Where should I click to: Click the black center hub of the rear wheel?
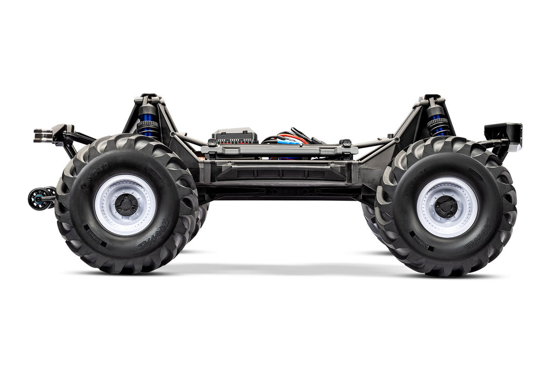point(126,205)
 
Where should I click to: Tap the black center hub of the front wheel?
point(446,206)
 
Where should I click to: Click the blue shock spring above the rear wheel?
point(148,127)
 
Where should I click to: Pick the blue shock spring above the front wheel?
point(438,126)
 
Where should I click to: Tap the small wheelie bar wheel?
point(39,199)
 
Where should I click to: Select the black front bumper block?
point(503,132)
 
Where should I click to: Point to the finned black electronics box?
point(234,136)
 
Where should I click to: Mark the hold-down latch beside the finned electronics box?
point(213,143)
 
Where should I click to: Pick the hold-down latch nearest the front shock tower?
point(346,143)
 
